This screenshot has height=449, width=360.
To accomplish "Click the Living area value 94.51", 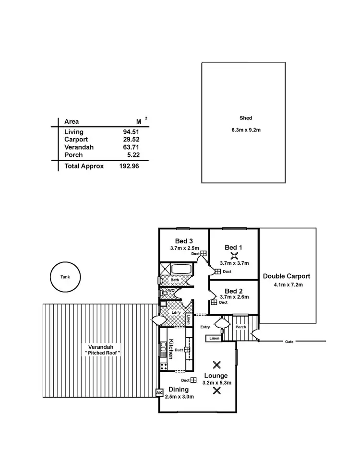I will click(x=131, y=132).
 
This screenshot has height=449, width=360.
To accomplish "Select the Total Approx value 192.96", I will click(x=129, y=166).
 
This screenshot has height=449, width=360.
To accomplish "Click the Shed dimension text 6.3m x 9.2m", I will click(x=246, y=130).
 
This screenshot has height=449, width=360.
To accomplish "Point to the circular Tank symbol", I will click(x=65, y=277).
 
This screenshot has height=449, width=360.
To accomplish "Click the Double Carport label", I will click(x=287, y=276).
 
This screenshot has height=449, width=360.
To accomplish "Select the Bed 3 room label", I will click(x=184, y=241).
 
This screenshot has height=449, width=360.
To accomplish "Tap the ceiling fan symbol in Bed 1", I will click(x=235, y=255).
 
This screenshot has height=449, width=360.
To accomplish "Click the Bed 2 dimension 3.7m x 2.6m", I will click(x=234, y=297).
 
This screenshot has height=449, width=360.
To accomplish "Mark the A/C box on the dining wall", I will click(x=159, y=392).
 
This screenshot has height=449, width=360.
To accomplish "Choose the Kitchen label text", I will click(x=170, y=349).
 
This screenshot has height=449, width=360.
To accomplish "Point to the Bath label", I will click(x=175, y=280).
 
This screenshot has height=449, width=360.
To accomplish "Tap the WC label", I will click(x=171, y=291).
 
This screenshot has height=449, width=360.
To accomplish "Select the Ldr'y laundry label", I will click(x=176, y=313).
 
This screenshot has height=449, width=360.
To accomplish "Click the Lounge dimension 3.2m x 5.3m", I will click(x=217, y=383).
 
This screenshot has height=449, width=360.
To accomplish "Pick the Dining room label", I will click(x=178, y=390).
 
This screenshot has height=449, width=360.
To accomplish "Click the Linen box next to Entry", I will click(x=214, y=339).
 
